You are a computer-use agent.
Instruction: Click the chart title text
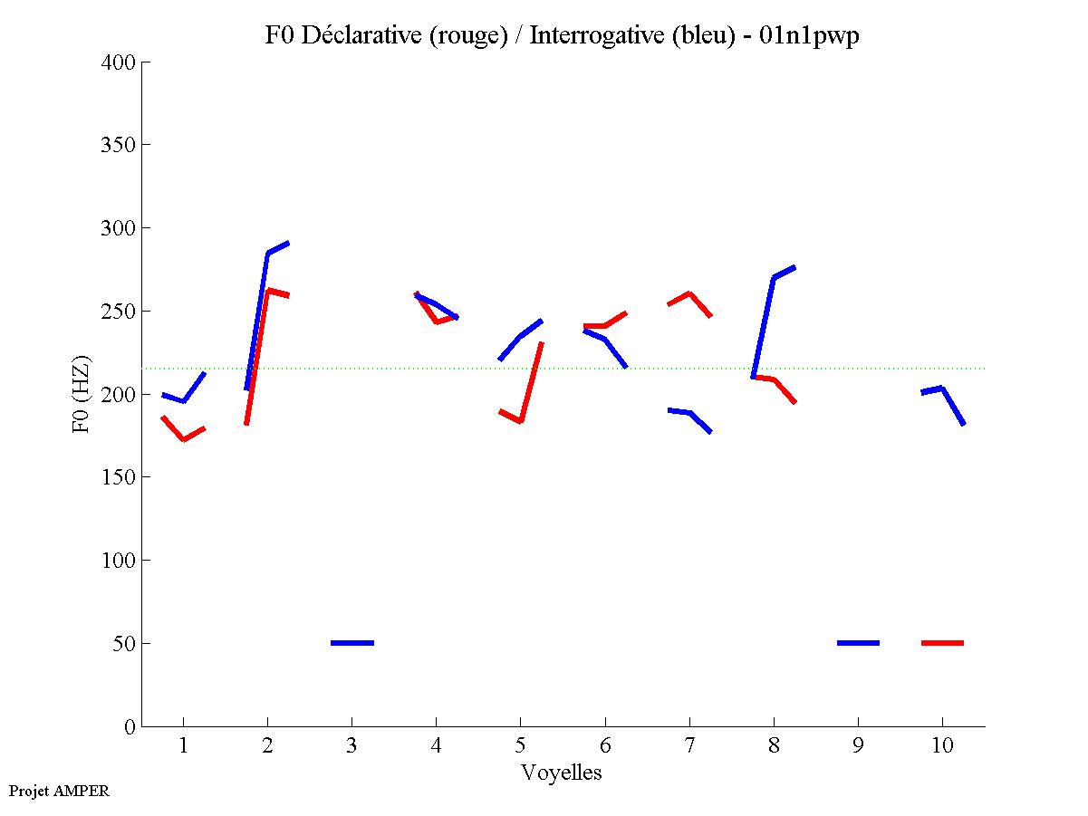point(562,35)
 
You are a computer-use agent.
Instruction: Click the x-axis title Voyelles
point(562,773)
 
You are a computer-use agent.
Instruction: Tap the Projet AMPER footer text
point(59,791)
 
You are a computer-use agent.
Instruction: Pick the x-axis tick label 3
point(351,746)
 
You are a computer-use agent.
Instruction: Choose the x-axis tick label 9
point(858,746)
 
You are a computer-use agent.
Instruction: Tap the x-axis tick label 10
point(942,746)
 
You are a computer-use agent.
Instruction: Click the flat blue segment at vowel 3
point(352,643)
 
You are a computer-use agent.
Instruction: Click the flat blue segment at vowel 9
point(858,643)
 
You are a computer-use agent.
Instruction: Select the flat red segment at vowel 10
point(942,643)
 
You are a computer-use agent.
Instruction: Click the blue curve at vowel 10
point(942,389)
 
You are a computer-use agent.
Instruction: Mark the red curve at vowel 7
point(689,294)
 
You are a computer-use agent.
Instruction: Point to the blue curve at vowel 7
point(690,413)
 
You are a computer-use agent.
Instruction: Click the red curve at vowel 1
point(184,439)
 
